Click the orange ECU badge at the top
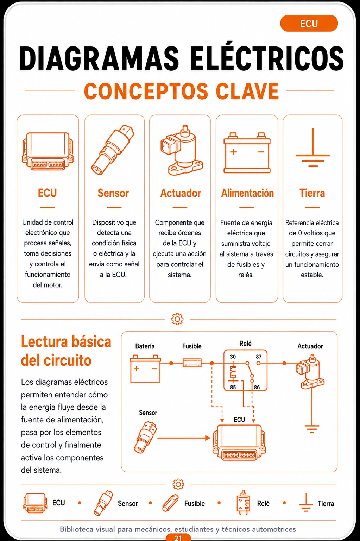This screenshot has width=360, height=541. point(309,24)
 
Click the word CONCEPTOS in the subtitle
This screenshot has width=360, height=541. point(146,91)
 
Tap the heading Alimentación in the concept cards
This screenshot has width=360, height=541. point(247,193)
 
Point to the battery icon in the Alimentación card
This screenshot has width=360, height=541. point(247,153)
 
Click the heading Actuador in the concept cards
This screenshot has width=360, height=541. point(181,193)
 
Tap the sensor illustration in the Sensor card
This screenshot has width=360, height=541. point(113,150)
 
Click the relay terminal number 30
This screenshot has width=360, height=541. point(233,357)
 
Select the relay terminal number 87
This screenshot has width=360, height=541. point(259,357)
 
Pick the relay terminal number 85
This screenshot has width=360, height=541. point(233,388)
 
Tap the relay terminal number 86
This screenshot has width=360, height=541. point(257,388)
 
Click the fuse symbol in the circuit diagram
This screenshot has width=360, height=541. point(192,363)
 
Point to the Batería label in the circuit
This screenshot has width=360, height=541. point(145,346)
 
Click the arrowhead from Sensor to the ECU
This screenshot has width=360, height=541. point(208,438)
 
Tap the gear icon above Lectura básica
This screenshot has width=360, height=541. point(177,319)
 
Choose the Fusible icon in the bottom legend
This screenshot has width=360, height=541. point(170,503)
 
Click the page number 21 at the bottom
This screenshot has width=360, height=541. point(178,538)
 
